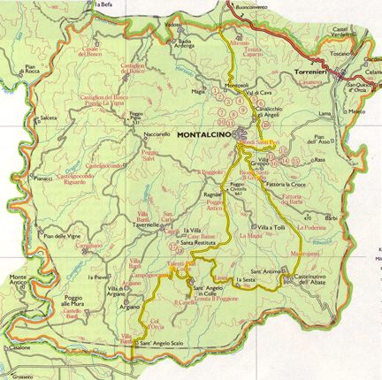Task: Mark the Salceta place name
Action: click(48, 117)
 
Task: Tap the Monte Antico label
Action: click(19, 283)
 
